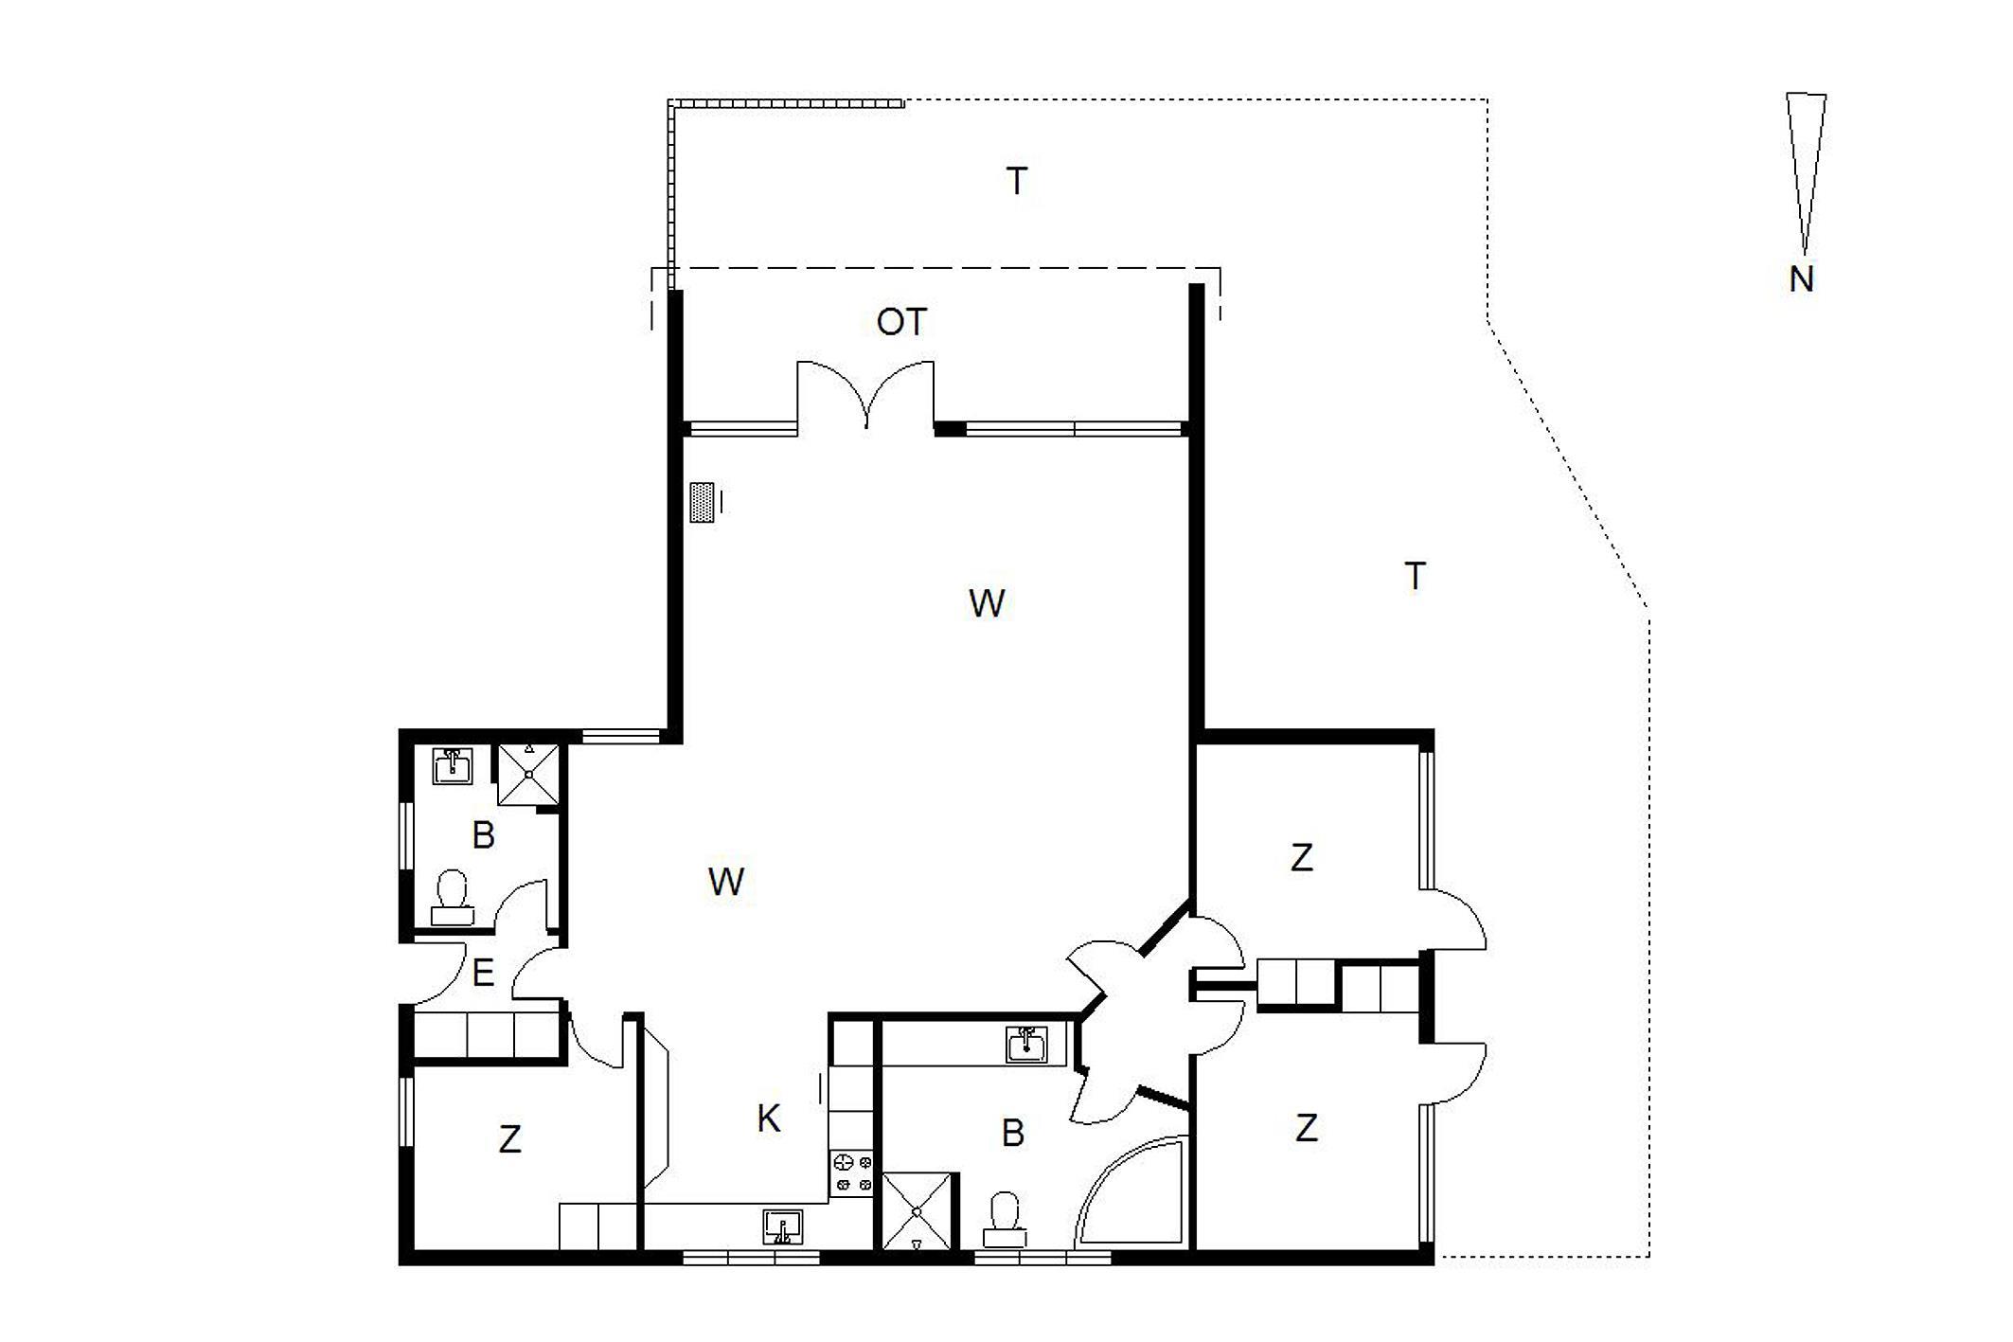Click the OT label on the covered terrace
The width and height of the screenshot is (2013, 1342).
(901, 322)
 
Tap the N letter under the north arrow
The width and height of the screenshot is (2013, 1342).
(1801, 279)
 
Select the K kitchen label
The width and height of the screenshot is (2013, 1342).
(768, 1118)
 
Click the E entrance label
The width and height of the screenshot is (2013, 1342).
(483, 973)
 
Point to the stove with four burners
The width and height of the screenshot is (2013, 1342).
(851, 1172)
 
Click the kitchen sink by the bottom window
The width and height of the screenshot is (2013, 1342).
(782, 1227)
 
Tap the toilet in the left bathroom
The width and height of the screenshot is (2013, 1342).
(453, 898)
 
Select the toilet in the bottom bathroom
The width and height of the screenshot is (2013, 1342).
(1004, 1221)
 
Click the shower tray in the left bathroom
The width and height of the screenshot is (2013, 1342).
(529, 774)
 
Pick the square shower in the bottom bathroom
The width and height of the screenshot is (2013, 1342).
(916, 1211)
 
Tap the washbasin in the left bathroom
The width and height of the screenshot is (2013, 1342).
(453, 765)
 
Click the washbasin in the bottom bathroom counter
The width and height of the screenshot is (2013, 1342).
(1026, 1045)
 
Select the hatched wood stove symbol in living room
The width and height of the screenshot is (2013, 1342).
(702, 502)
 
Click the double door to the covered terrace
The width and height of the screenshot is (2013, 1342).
(865, 396)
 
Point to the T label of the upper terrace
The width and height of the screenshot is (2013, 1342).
(1017, 181)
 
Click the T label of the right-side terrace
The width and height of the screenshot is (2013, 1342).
(1415, 576)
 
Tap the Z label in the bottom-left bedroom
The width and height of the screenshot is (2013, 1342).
(509, 1138)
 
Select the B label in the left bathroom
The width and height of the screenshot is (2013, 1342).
(483, 835)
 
